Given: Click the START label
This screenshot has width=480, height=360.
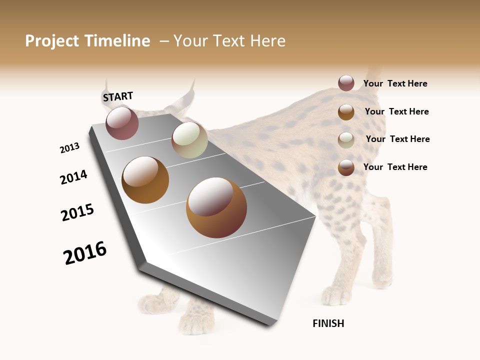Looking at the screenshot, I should point(118,96).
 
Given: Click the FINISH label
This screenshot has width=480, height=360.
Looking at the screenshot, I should point(328,323).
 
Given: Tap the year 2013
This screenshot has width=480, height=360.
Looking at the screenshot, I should point(69,148).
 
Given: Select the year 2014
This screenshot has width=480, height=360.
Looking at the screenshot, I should point(73,177).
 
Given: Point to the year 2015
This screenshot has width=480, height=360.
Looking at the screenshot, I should point(77,212).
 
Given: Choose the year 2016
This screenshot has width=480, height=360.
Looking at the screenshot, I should point(85,253).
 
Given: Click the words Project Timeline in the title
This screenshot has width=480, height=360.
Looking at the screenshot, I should point(87,41).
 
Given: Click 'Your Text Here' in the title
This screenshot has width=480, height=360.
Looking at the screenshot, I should point(229,41).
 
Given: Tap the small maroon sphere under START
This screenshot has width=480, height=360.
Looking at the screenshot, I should point(122,123).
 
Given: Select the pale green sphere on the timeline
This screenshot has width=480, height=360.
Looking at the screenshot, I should point(189,140).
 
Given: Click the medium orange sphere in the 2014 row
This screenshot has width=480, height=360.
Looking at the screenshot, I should point(145,180).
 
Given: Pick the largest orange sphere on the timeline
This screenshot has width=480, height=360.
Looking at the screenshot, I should point(216,207).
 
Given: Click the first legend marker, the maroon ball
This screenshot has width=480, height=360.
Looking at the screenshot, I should point(346,83).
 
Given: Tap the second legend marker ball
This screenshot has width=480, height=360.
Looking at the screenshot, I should point(346,112).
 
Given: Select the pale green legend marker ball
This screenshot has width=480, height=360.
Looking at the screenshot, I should point(346,140).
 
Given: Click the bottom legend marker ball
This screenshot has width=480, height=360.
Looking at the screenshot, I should point(346,167).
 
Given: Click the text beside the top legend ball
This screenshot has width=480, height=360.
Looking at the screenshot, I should point(395,83).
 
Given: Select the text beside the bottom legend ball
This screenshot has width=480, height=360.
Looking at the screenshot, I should point(395,167).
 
